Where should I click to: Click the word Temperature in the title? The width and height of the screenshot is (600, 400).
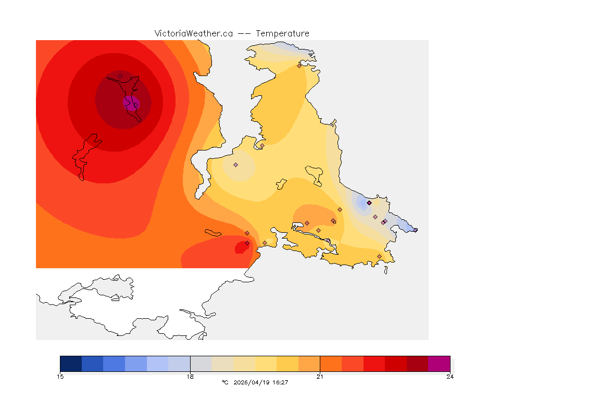[x=282, y=33]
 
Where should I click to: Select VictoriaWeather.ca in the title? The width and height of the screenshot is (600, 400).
[x=193, y=33]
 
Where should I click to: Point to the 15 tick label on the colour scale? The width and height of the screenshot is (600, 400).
[x=60, y=377]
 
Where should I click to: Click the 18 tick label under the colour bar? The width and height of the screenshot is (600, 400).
[x=190, y=377]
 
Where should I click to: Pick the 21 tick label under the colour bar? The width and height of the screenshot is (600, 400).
[x=320, y=377]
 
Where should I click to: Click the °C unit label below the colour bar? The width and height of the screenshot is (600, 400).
[x=225, y=382]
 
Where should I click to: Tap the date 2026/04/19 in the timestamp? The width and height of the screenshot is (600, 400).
[x=254, y=382]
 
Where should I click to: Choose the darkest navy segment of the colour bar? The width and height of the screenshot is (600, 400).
[x=71, y=364]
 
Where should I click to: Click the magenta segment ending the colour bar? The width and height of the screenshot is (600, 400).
[x=439, y=364]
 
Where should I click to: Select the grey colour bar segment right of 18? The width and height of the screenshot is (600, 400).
[x=201, y=364]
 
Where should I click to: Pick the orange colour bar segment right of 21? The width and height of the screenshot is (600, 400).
[x=331, y=364]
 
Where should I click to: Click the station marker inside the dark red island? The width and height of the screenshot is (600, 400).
[x=120, y=76]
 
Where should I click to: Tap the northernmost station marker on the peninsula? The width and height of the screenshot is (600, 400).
[x=299, y=66]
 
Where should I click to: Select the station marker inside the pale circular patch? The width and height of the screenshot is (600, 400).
[x=235, y=165]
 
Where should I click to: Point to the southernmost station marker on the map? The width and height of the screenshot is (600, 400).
[x=379, y=256]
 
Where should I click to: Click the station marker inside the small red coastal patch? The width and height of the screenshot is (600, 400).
[x=247, y=243]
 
